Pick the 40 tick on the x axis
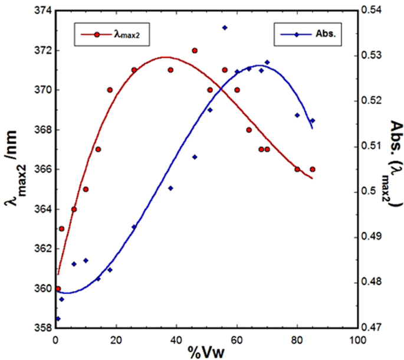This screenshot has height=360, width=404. point(176,339)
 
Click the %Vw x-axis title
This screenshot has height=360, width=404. point(206,352)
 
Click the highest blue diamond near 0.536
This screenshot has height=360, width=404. point(225,28)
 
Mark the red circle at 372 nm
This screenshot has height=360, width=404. point(195,51)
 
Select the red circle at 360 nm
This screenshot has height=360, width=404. point(58,289)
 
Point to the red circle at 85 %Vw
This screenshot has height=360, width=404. point(313,169)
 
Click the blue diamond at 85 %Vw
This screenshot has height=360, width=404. point(313,120)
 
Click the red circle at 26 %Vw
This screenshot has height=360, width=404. point(134,70)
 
